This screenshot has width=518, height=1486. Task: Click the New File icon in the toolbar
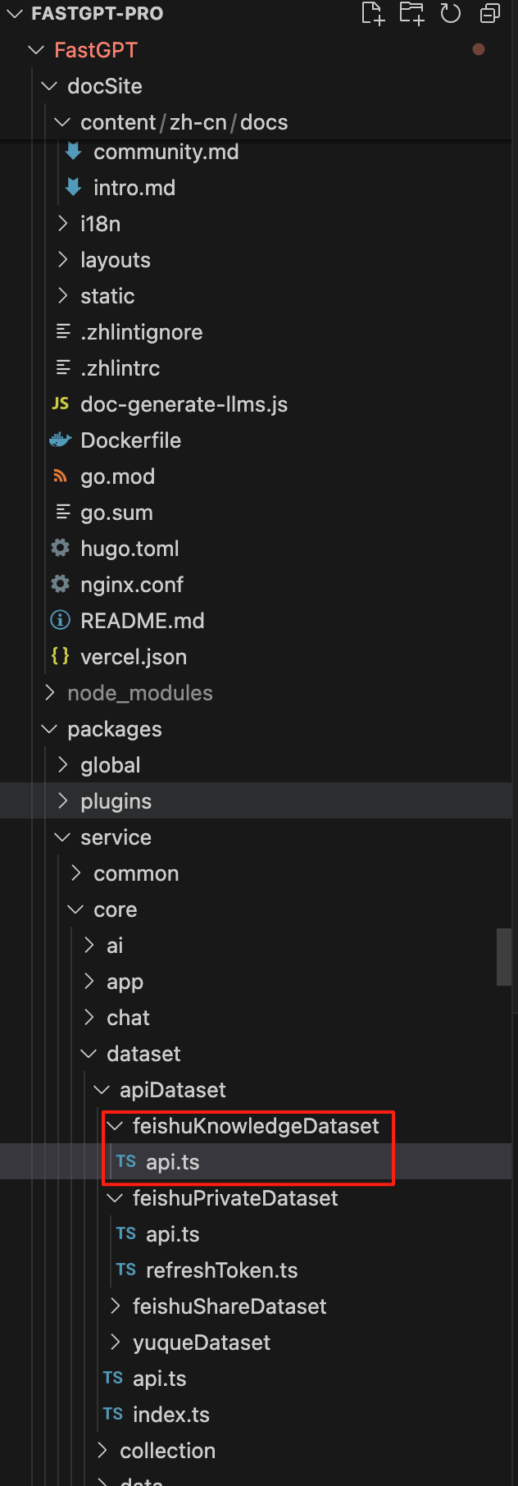pyautogui.click(x=373, y=13)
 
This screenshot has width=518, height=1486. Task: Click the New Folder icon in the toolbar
pyautogui.click(x=411, y=13)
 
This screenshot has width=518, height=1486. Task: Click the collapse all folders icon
pyautogui.click(x=490, y=13)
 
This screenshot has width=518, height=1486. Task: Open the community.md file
pyautogui.click(x=166, y=152)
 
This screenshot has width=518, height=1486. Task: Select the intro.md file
pyautogui.click(x=134, y=188)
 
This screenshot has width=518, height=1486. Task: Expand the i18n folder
pyautogui.click(x=100, y=224)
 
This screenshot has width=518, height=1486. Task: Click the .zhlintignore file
pyautogui.click(x=141, y=332)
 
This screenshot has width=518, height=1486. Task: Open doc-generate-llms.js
pyautogui.click(x=184, y=404)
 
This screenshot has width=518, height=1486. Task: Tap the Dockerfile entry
pyautogui.click(x=130, y=440)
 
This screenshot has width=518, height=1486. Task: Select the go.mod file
pyautogui.click(x=117, y=476)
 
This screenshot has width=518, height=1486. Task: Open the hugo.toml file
pyautogui.click(x=129, y=549)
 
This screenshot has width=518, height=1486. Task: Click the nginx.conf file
pyautogui.click(x=131, y=585)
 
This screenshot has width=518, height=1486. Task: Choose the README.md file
pyautogui.click(x=142, y=621)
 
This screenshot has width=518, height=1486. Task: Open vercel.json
pyautogui.click(x=133, y=657)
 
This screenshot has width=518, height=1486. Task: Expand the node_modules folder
pyautogui.click(x=139, y=693)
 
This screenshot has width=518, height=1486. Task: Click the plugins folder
pyautogui.click(x=116, y=801)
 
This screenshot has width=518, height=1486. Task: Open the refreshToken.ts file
pyautogui.click(x=221, y=1270)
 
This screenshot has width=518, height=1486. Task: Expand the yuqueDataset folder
pyautogui.click(x=201, y=1342)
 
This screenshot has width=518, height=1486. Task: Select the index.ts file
pyautogui.click(x=170, y=1415)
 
